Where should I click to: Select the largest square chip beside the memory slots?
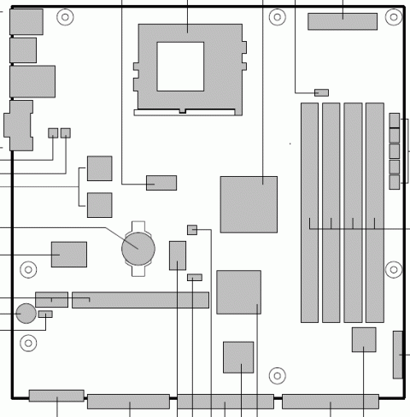(248, 204)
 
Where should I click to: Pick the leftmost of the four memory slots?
(309, 213)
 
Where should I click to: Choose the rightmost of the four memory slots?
(374, 213)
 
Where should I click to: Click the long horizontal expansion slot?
(140, 300)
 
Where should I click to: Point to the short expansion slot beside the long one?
(51, 300)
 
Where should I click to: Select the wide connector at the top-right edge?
(343, 21)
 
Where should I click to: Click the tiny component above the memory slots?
(322, 91)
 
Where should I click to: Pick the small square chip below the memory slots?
(364, 339)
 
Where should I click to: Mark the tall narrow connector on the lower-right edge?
(398, 354)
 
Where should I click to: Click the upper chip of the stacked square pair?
(100, 168)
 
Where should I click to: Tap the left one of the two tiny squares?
(53, 132)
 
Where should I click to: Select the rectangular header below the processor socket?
(161, 182)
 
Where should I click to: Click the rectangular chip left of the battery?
(68, 254)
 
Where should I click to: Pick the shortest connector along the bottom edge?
(56, 396)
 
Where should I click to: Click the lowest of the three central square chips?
(238, 356)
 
